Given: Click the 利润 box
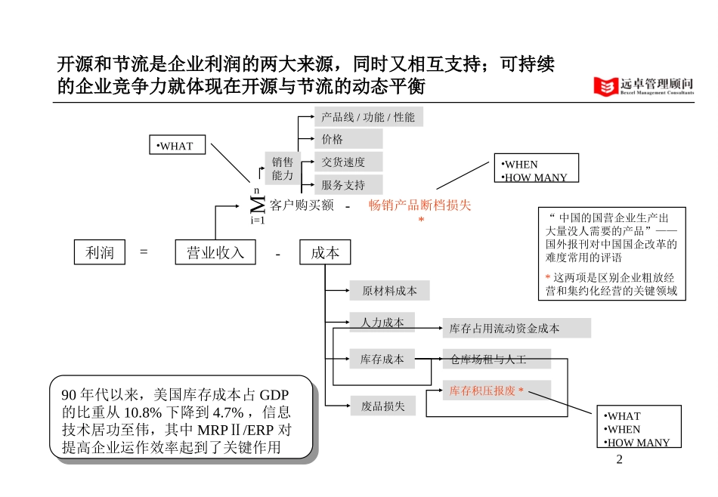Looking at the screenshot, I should [x=101, y=252].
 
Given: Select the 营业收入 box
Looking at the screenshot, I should [x=215, y=252].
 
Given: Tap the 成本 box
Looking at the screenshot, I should [x=325, y=252].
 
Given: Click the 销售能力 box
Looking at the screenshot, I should [x=283, y=168].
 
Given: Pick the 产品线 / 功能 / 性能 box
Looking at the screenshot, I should [x=368, y=117].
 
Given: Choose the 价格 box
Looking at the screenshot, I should [x=348, y=139].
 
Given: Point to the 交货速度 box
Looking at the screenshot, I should [x=348, y=162].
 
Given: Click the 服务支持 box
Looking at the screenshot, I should [x=348, y=184].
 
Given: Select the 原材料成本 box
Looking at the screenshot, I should [x=389, y=291].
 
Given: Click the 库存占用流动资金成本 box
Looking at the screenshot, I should [x=515, y=328].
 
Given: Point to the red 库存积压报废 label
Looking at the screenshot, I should [x=487, y=390].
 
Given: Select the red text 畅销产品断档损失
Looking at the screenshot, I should [x=419, y=205].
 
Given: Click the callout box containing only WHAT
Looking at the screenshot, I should [x=175, y=147].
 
